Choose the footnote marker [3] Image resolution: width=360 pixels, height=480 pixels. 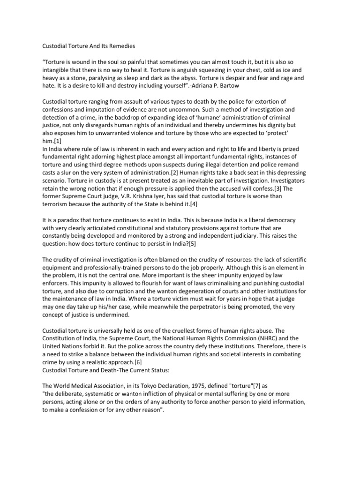pyautogui.click(x=265, y=189)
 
